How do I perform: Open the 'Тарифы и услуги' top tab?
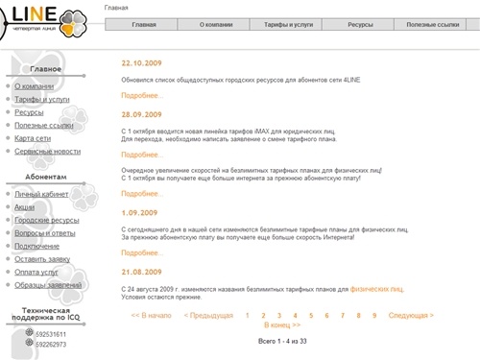point(288,23)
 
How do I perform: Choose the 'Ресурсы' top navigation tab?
point(361,23)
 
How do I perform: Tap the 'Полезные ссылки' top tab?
point(433,23)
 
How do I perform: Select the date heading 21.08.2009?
point(142,271)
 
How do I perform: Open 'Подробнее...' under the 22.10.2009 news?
point(142,96)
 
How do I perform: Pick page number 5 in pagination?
point(311,315)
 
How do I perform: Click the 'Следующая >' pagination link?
point(411,315)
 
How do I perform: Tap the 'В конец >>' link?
point(282,325)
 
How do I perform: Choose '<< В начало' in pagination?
point(151,315)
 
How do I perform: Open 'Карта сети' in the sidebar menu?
point(33,138)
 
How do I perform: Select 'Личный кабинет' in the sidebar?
point(41,194)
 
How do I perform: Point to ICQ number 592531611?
point(51,333)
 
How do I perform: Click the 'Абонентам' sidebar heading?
point(46,178)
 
